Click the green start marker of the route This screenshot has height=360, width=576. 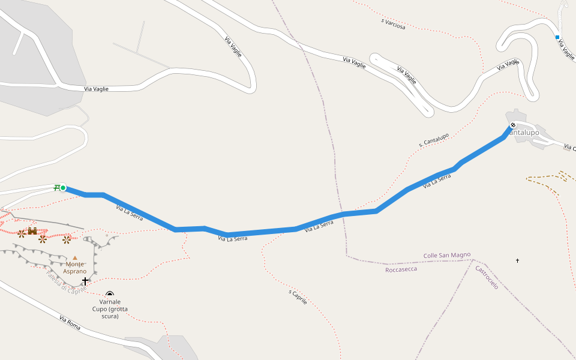pyautogui.click(x=63, y=188)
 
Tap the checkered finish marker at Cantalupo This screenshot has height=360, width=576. pyautogui.click(x=512, y=125)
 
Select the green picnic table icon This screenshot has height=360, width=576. pyautogui.click(x=56, y=188)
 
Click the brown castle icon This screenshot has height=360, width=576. pyautogui.click(x=32, y=231)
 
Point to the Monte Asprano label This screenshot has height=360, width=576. pyautogui.click(x=75, y=268)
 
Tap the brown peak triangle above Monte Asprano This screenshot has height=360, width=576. pyautogui.click(x=75, y=258)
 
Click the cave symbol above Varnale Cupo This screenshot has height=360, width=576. pyautogui.click(x=109, y=294)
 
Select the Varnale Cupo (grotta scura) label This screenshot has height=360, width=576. pyautogui.click(x=109, y=308)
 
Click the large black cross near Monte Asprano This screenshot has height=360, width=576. pyautogui.click(x=85, y=280)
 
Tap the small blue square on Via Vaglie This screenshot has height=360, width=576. pyautogui.click(x=557, y=37)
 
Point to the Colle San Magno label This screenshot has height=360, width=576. pyautogui.click(x=447, y=255)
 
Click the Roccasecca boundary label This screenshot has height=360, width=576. pyautogui.click(x=401, y=269)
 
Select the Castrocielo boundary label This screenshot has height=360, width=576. pyautogui.click(x=487, y=278)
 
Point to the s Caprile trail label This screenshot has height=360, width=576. pyautogui.click(x=298, y=297)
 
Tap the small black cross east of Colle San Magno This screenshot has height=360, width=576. pyautogui.click(x=517, y=260)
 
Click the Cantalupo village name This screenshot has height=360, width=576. pyautogui.click(x=526, y=132)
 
